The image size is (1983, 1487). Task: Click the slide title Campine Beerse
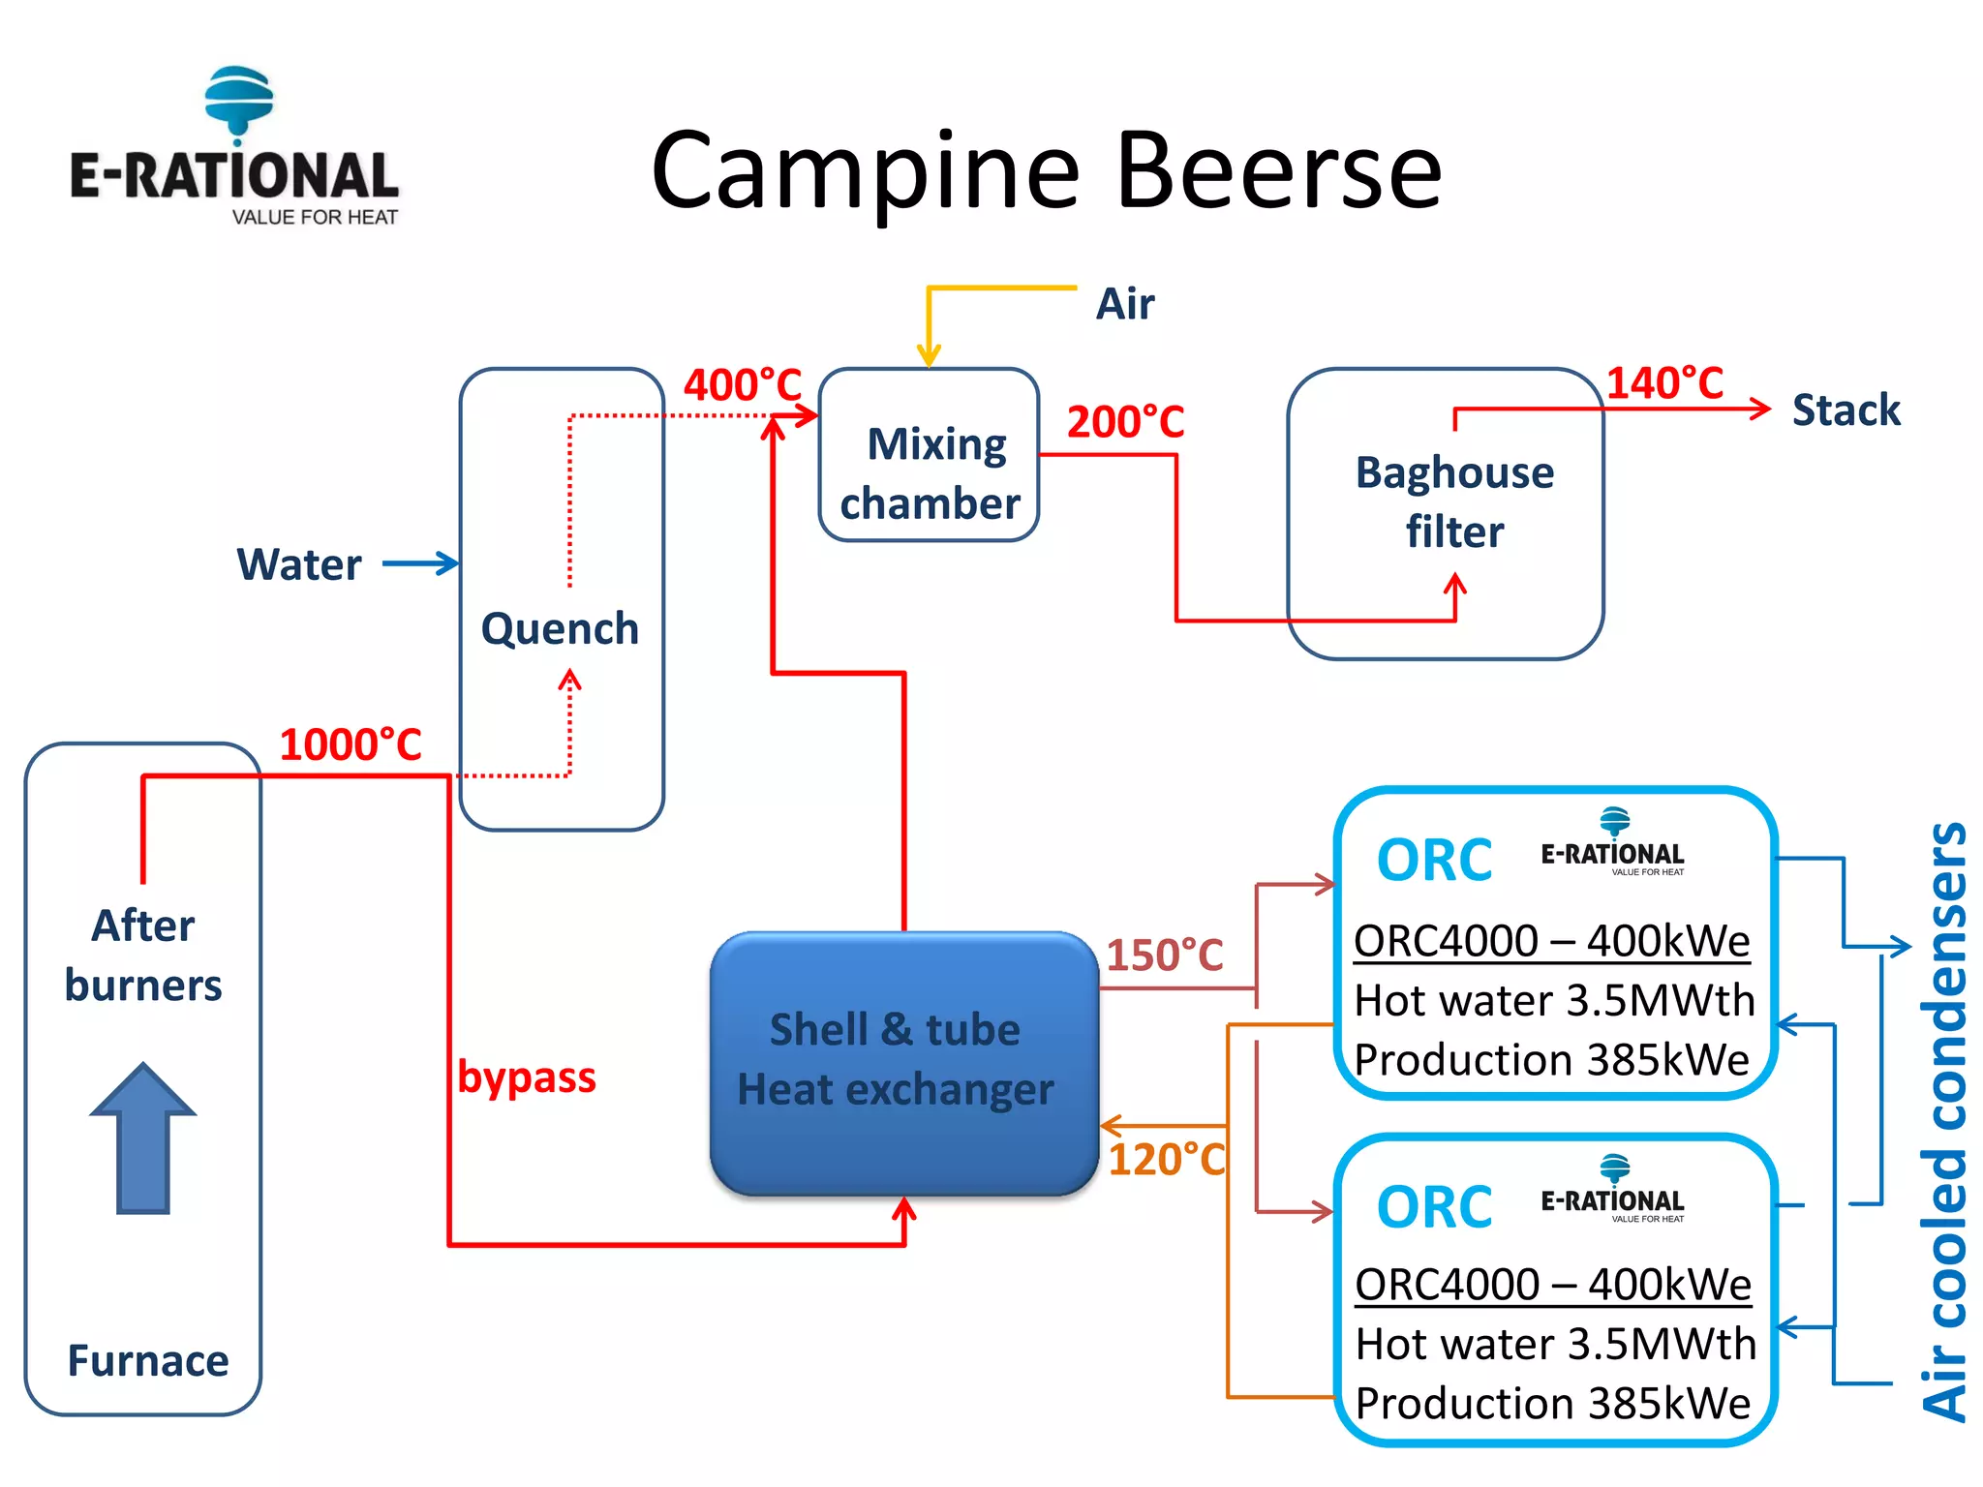click(x=1046, y=171)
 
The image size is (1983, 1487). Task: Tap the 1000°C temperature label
click(x=351, y=744)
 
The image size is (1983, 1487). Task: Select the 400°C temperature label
click(x=743, y=384)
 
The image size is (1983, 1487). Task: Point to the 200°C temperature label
click(x=1125, y=422)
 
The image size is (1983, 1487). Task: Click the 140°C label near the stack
click(x=1664, y=382)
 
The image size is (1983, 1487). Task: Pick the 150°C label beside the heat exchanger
click(x=1165, y=955)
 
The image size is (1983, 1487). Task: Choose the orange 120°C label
click(x=1167, y=1159)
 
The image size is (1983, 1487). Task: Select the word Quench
click(x=560, y=629)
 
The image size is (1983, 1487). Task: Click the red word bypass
click(x=527, y=1077)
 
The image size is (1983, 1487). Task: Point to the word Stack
click(x=1846, y=410)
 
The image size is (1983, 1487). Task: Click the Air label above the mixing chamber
click(x=1124, y=304)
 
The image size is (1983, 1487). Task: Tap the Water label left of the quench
click(x=299, y=564)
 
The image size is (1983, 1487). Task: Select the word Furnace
click(x=148, y=1361)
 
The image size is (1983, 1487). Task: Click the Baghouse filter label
click(x=1454, y=501)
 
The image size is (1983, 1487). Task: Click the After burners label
click(x=143, y=956)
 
